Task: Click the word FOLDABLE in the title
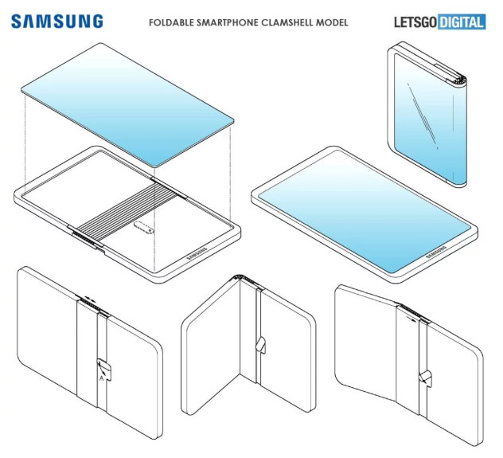[174, 22]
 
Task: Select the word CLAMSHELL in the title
[289, 22]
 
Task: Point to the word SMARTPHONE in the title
[228, 22]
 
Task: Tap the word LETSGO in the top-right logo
[415, 22]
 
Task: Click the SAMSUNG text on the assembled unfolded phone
[434, 254]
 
